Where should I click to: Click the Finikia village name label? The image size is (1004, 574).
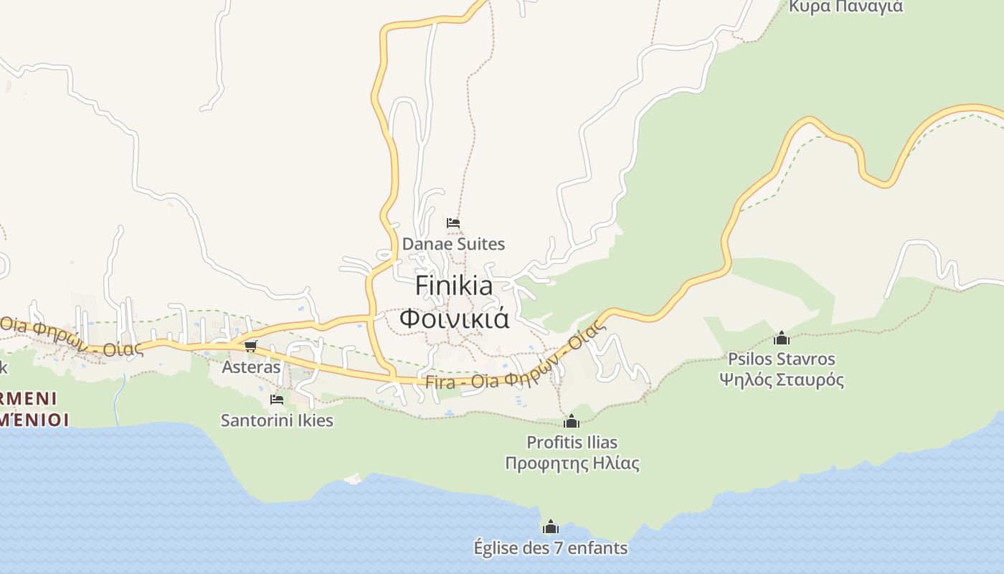coord(454,286)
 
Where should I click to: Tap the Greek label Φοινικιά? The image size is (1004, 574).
coord(454,318)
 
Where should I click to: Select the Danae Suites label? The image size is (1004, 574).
coord(453,244)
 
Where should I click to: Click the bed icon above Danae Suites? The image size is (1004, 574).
coord(453,223)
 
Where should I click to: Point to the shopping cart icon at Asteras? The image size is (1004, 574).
coord(250,347)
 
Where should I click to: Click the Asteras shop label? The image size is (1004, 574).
coord(251,367)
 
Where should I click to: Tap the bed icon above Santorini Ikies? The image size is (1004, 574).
coord(277,400)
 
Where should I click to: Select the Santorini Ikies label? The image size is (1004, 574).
coord(277,420)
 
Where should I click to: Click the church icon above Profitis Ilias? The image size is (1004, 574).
coord(572,421)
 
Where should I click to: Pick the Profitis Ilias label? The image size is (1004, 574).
coord(572,442)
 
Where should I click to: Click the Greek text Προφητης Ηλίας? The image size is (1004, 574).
coord(572,464)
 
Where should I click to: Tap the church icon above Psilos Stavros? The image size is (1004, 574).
coord(782,338)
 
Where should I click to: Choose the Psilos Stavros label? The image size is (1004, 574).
coord(782,358)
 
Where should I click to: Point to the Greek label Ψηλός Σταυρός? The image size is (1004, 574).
coord(782,380)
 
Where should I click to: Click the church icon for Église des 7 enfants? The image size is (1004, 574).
coord(551,527)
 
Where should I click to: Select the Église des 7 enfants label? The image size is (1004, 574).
coord(551,548)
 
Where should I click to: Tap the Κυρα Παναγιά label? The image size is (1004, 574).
coord(846,7)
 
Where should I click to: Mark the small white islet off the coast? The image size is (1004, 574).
coord(353,479)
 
